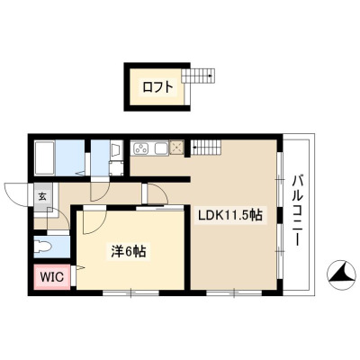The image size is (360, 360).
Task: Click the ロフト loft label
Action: point(158,87)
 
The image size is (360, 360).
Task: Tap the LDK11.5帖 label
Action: point(229,215)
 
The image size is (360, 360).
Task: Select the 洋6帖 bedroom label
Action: point(129,251)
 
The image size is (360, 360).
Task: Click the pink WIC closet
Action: point(52,276)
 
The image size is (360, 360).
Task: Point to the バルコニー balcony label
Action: point(297,211)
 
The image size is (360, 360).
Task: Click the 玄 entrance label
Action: point(42,196)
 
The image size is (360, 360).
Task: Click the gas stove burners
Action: point(140,148)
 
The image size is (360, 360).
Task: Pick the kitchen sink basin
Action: point(161,148)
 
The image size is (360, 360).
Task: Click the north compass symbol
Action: point(341,274)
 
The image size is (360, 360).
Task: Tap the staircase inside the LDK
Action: point(206,148)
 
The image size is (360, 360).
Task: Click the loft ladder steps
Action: point(198,76)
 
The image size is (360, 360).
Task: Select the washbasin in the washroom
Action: point(115,149)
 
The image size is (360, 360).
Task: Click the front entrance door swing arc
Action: point(15,194)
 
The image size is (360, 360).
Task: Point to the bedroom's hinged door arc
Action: point(94,222)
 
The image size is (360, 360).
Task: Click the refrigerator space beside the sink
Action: point(176,148)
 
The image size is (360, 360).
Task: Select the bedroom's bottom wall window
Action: point(130,292)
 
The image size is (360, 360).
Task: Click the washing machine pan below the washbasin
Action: point(116,168)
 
